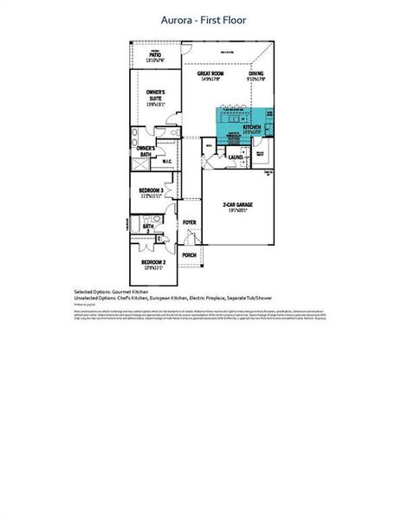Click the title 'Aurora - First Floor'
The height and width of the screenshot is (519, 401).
tap(204, 18)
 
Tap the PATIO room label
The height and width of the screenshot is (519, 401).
tap(155, 55)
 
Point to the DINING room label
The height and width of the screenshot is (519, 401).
tap(255, 74)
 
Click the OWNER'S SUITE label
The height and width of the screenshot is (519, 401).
tap(156, 95)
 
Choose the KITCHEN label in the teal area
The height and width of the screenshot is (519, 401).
tap(251, 127)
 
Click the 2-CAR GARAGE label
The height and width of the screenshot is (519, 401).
tap(236, 205)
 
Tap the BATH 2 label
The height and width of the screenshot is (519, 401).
tap(148, 229)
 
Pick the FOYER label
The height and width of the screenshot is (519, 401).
tap(189, 222)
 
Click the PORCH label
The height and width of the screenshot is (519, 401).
tap(189, 255)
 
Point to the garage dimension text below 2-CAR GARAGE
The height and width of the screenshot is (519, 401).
tap(236, 211)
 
